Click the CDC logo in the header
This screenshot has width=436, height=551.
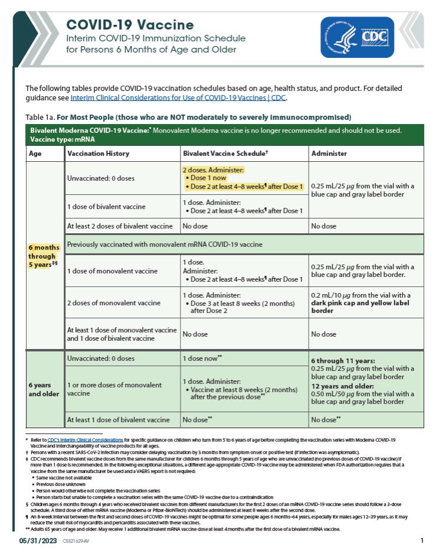click(357, 37)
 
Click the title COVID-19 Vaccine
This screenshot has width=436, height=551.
click(129, 25)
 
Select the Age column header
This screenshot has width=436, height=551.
click(35, 154)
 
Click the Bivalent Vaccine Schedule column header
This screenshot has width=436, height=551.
click(225, 154)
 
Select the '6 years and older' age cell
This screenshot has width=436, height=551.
click(44, 389)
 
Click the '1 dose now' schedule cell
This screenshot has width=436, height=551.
click(202, 358)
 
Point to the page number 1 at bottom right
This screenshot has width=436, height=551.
click(422, 540)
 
